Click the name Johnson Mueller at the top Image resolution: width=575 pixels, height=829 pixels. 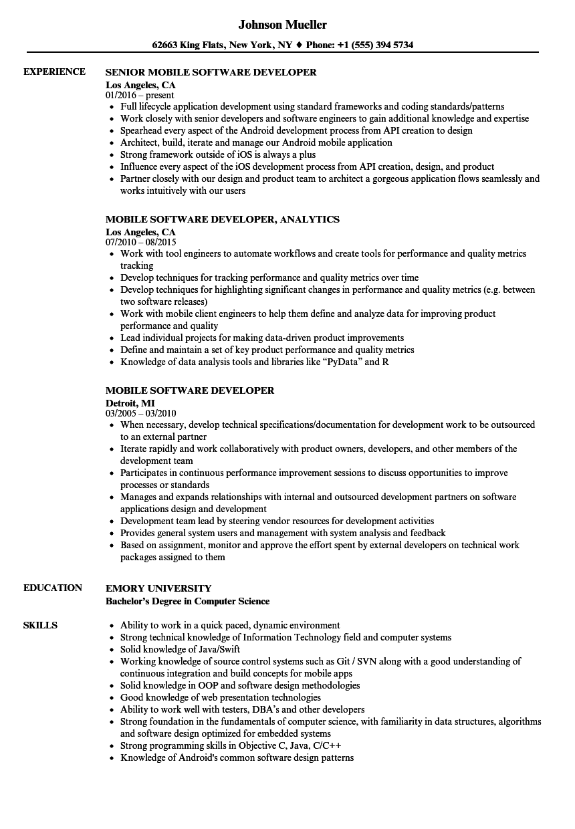(x=282, y=25)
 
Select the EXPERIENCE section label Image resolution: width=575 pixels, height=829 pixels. (x=54, y=72)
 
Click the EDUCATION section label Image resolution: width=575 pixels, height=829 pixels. (x=53, y=588)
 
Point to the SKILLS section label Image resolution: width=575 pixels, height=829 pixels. (x=40, y=625)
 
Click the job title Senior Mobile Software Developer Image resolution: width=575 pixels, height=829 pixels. (x=211, y=72)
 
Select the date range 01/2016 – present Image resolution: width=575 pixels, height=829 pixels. (x=140, y=95)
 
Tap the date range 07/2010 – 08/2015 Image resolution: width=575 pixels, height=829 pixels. (x=141, y=242)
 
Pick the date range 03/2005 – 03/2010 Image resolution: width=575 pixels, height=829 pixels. (x=141, y=413)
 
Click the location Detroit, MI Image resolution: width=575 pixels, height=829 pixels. (x=130, y=402)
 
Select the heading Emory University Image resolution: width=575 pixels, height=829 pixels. (x=158, y=588)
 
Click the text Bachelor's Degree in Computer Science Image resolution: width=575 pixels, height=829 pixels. (x=188, y=601)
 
